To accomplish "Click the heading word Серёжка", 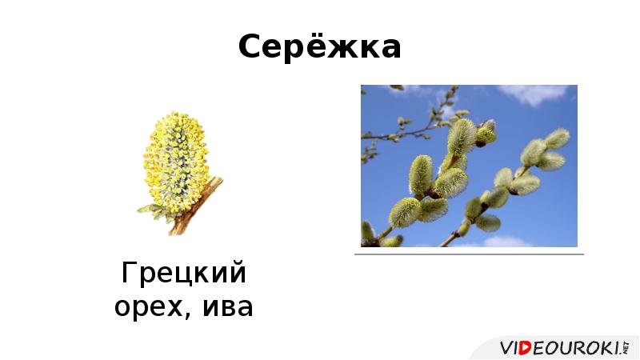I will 319,48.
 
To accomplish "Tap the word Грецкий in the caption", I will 183,274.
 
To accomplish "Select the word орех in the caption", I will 151,306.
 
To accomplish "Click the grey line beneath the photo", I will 469,254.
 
